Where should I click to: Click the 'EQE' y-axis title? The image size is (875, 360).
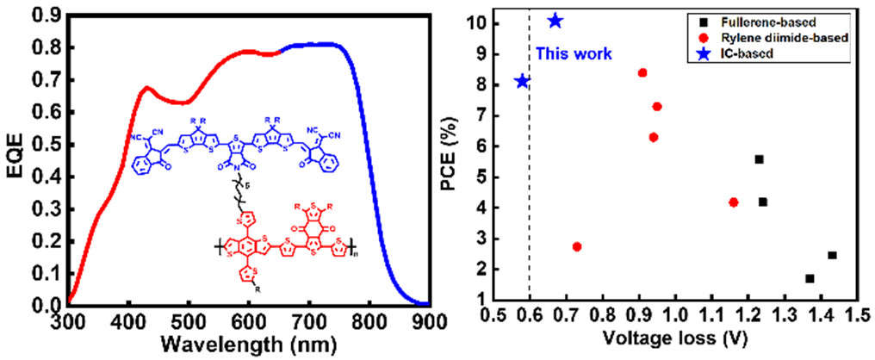click(16, 158)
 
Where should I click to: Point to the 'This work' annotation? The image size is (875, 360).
click(574, 53)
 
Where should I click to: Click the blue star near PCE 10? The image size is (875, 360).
click(555, 21)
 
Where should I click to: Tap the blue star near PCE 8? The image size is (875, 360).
click(522, 82)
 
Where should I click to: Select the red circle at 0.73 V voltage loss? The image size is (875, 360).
click(577, 247)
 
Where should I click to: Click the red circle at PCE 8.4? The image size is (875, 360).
click(642, 73)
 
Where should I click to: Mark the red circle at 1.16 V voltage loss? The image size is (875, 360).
click(734, 202)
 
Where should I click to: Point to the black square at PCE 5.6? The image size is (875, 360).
click(759, 159)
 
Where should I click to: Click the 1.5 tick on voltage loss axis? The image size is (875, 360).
click(857, 320)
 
